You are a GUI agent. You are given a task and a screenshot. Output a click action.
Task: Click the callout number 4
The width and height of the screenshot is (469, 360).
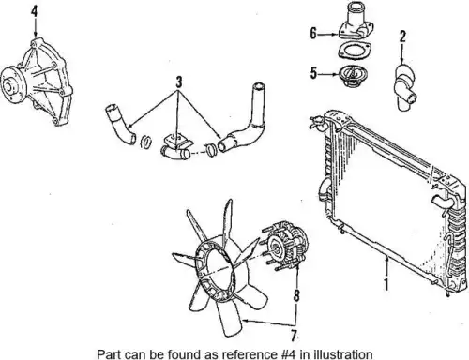point(35,11)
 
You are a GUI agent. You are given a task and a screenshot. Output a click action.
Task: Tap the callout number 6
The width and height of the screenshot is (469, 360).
point(313,33)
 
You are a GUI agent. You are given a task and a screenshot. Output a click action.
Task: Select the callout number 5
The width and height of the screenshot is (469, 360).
point(313,73)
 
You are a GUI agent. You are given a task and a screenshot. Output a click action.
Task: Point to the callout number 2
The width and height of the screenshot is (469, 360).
point(402,37)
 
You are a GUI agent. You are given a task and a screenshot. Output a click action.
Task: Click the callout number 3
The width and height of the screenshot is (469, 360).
point(179,82)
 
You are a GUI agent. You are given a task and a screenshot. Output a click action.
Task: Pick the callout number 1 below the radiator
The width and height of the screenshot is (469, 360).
point(386,284)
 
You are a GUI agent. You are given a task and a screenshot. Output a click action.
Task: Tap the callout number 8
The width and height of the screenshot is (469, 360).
point(296,295)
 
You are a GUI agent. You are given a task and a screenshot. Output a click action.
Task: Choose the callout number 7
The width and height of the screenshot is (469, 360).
point(294,336)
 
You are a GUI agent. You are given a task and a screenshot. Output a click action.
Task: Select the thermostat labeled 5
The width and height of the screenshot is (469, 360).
point(353,77)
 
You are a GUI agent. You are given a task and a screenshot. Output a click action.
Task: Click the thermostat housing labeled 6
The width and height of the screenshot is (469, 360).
point(356,22)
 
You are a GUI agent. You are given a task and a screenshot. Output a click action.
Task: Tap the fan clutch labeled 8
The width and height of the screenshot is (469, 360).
point(285,246)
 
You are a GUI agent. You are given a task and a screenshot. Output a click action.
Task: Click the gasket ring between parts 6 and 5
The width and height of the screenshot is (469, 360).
point(354,51)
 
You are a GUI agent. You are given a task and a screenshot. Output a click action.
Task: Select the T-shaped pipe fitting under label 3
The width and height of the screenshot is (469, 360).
point(176,147)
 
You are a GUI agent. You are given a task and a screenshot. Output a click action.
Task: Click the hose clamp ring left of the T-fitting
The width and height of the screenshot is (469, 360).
point(146,142)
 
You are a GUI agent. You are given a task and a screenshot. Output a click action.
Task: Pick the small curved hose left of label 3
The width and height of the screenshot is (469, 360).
point(120,125)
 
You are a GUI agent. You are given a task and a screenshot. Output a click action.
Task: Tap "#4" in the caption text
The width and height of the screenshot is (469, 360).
point(286,354)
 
